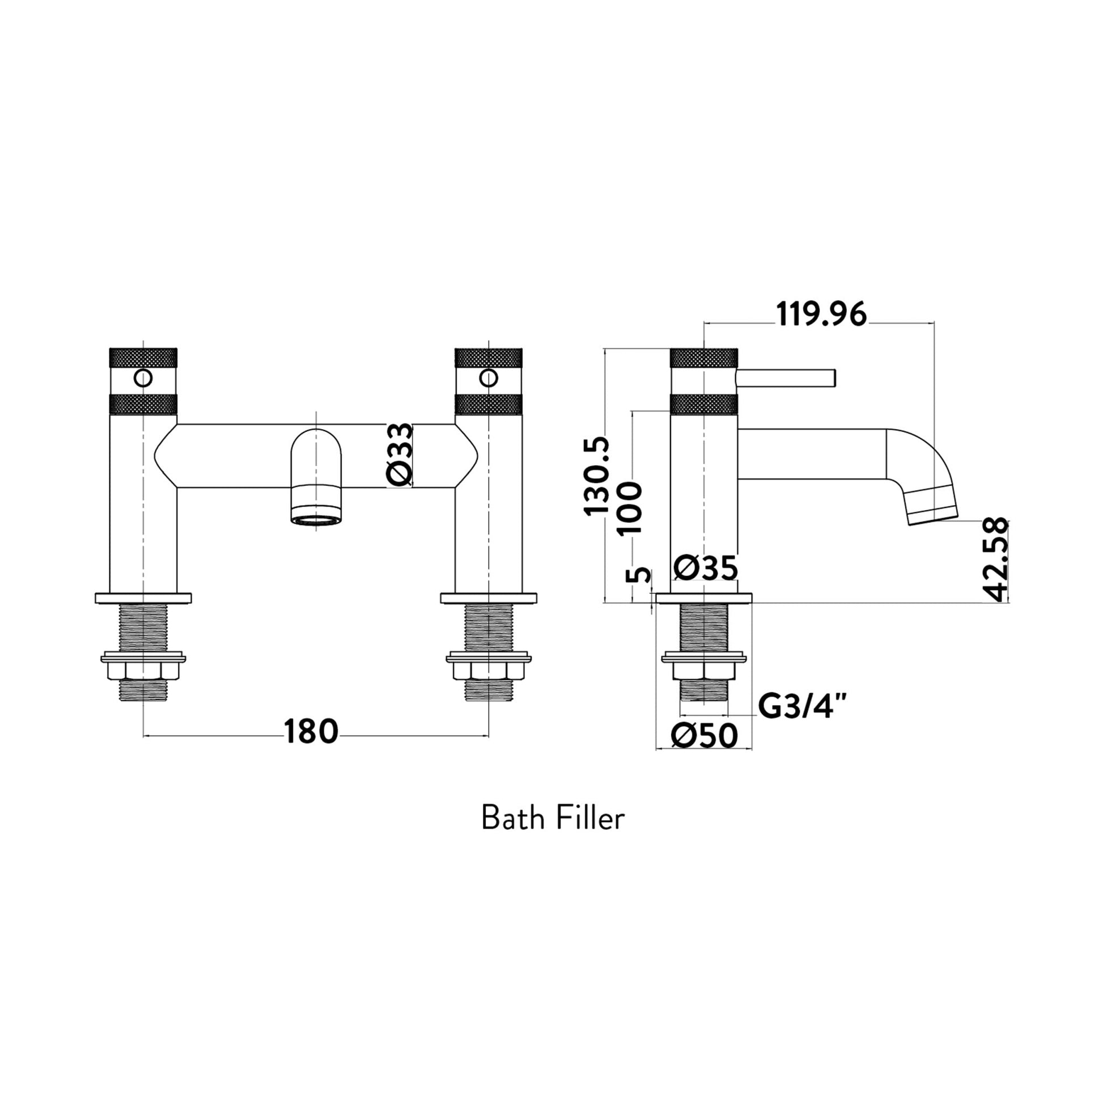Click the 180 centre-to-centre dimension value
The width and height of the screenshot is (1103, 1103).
coord(311,732)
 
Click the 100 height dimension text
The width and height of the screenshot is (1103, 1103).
coord(630,507)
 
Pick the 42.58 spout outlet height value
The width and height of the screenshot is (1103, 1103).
coord(996,559)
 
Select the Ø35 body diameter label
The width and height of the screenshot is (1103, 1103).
coord(706,569)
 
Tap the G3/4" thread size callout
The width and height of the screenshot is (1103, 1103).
coord(801,708)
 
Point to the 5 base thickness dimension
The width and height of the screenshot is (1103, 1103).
coord(639,574)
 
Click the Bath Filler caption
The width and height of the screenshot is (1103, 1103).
coord(553,818)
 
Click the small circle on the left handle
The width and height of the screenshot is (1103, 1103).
coord(143,378)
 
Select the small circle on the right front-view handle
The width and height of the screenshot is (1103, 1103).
coord(489,378)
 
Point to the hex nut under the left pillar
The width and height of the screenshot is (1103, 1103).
coord(143,671)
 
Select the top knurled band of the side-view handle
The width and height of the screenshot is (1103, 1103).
coord(705,358)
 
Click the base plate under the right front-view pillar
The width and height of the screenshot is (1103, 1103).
coord(489,599)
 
